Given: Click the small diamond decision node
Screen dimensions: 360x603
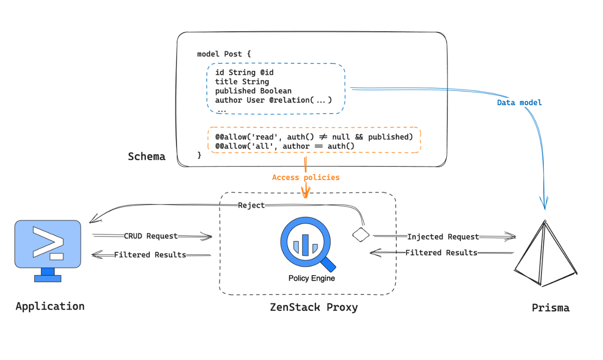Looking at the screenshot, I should point(361,235).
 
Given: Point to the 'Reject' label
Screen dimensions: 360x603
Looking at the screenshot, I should point(251,205).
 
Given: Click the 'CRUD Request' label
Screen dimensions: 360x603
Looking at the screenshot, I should point(151,236).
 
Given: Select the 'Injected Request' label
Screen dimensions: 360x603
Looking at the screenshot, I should point(443,237).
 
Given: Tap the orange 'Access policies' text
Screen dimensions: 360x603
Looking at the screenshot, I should point(305,178).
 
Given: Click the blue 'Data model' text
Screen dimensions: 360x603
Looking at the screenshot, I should point(519,102).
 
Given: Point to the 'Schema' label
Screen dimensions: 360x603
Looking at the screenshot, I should point(147,156).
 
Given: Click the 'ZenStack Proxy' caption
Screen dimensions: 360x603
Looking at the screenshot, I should point(314,307).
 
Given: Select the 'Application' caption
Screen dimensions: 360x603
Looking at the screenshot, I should point(50,306).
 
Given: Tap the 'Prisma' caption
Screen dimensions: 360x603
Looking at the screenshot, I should point(550,308).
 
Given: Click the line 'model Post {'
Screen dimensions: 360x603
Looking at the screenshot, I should point(224,54).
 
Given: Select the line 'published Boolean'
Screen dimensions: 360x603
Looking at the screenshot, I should point(253,90).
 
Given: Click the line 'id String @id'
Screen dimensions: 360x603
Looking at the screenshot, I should point(244,72).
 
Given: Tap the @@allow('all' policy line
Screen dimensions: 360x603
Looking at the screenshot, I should point(285,146).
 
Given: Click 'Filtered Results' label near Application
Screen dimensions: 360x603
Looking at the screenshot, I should point(150,254).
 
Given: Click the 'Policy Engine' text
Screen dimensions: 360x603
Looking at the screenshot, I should point(311,278).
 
